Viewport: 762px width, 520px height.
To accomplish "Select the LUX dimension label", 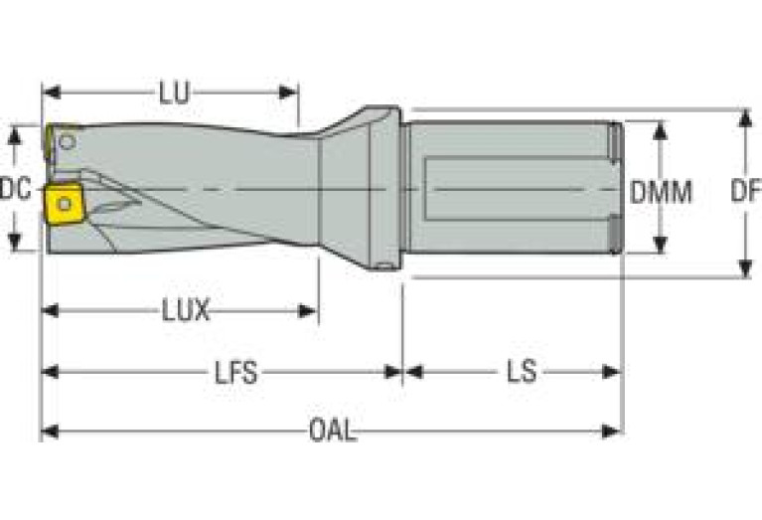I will coord(186,311).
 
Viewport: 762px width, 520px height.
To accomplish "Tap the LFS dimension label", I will coord(235,373).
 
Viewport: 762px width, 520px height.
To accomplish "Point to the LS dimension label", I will coord(521,373).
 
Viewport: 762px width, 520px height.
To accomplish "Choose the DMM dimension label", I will coord(662,191).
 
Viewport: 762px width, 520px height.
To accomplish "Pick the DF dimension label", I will coord(744,191).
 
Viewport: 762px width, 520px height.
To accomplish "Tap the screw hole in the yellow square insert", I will coord(65,204).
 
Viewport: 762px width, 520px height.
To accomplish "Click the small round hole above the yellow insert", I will coord(66,142).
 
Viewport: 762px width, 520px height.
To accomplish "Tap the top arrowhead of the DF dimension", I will coord(744,115).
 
